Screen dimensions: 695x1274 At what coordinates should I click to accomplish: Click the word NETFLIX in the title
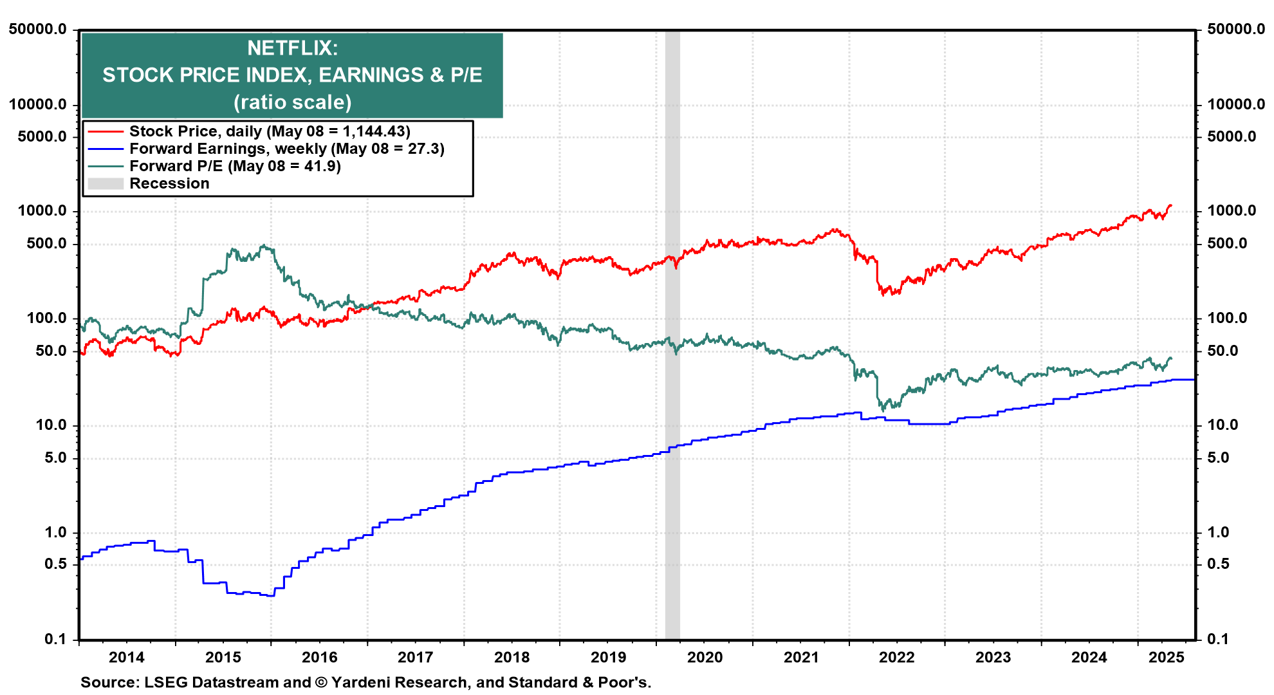point(291,48)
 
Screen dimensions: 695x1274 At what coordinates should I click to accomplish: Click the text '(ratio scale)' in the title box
point(292,102)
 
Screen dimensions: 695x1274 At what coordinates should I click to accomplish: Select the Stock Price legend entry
point(269,131)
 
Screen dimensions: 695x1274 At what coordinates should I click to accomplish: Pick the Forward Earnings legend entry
point(286,149)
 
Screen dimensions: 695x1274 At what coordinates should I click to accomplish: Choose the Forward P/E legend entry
point(235,166)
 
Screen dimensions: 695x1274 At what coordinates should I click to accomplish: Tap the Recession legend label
point(169,183)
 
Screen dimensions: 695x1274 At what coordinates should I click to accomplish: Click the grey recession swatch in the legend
point(106,183)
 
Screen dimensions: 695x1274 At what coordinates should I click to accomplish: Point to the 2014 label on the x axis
point(127,658)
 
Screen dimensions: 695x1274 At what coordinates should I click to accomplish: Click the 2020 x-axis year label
point(705,658)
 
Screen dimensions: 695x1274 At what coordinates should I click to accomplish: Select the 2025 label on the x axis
point(1167,658)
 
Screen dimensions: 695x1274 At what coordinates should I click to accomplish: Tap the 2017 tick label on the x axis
point(416,658)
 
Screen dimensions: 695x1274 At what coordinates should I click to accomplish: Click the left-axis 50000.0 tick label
point(38,30)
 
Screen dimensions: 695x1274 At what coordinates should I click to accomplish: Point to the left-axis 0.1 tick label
point(55,639)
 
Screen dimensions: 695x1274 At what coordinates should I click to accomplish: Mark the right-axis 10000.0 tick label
point(1236,104)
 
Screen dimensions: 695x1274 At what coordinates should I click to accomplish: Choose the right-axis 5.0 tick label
point(1218,458)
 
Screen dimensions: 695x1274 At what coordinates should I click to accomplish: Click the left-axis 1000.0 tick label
point(42,211)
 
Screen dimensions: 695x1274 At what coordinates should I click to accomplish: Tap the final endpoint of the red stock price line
point(1171,205)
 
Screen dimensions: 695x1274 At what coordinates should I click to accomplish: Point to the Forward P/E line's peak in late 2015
point(263,245)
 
